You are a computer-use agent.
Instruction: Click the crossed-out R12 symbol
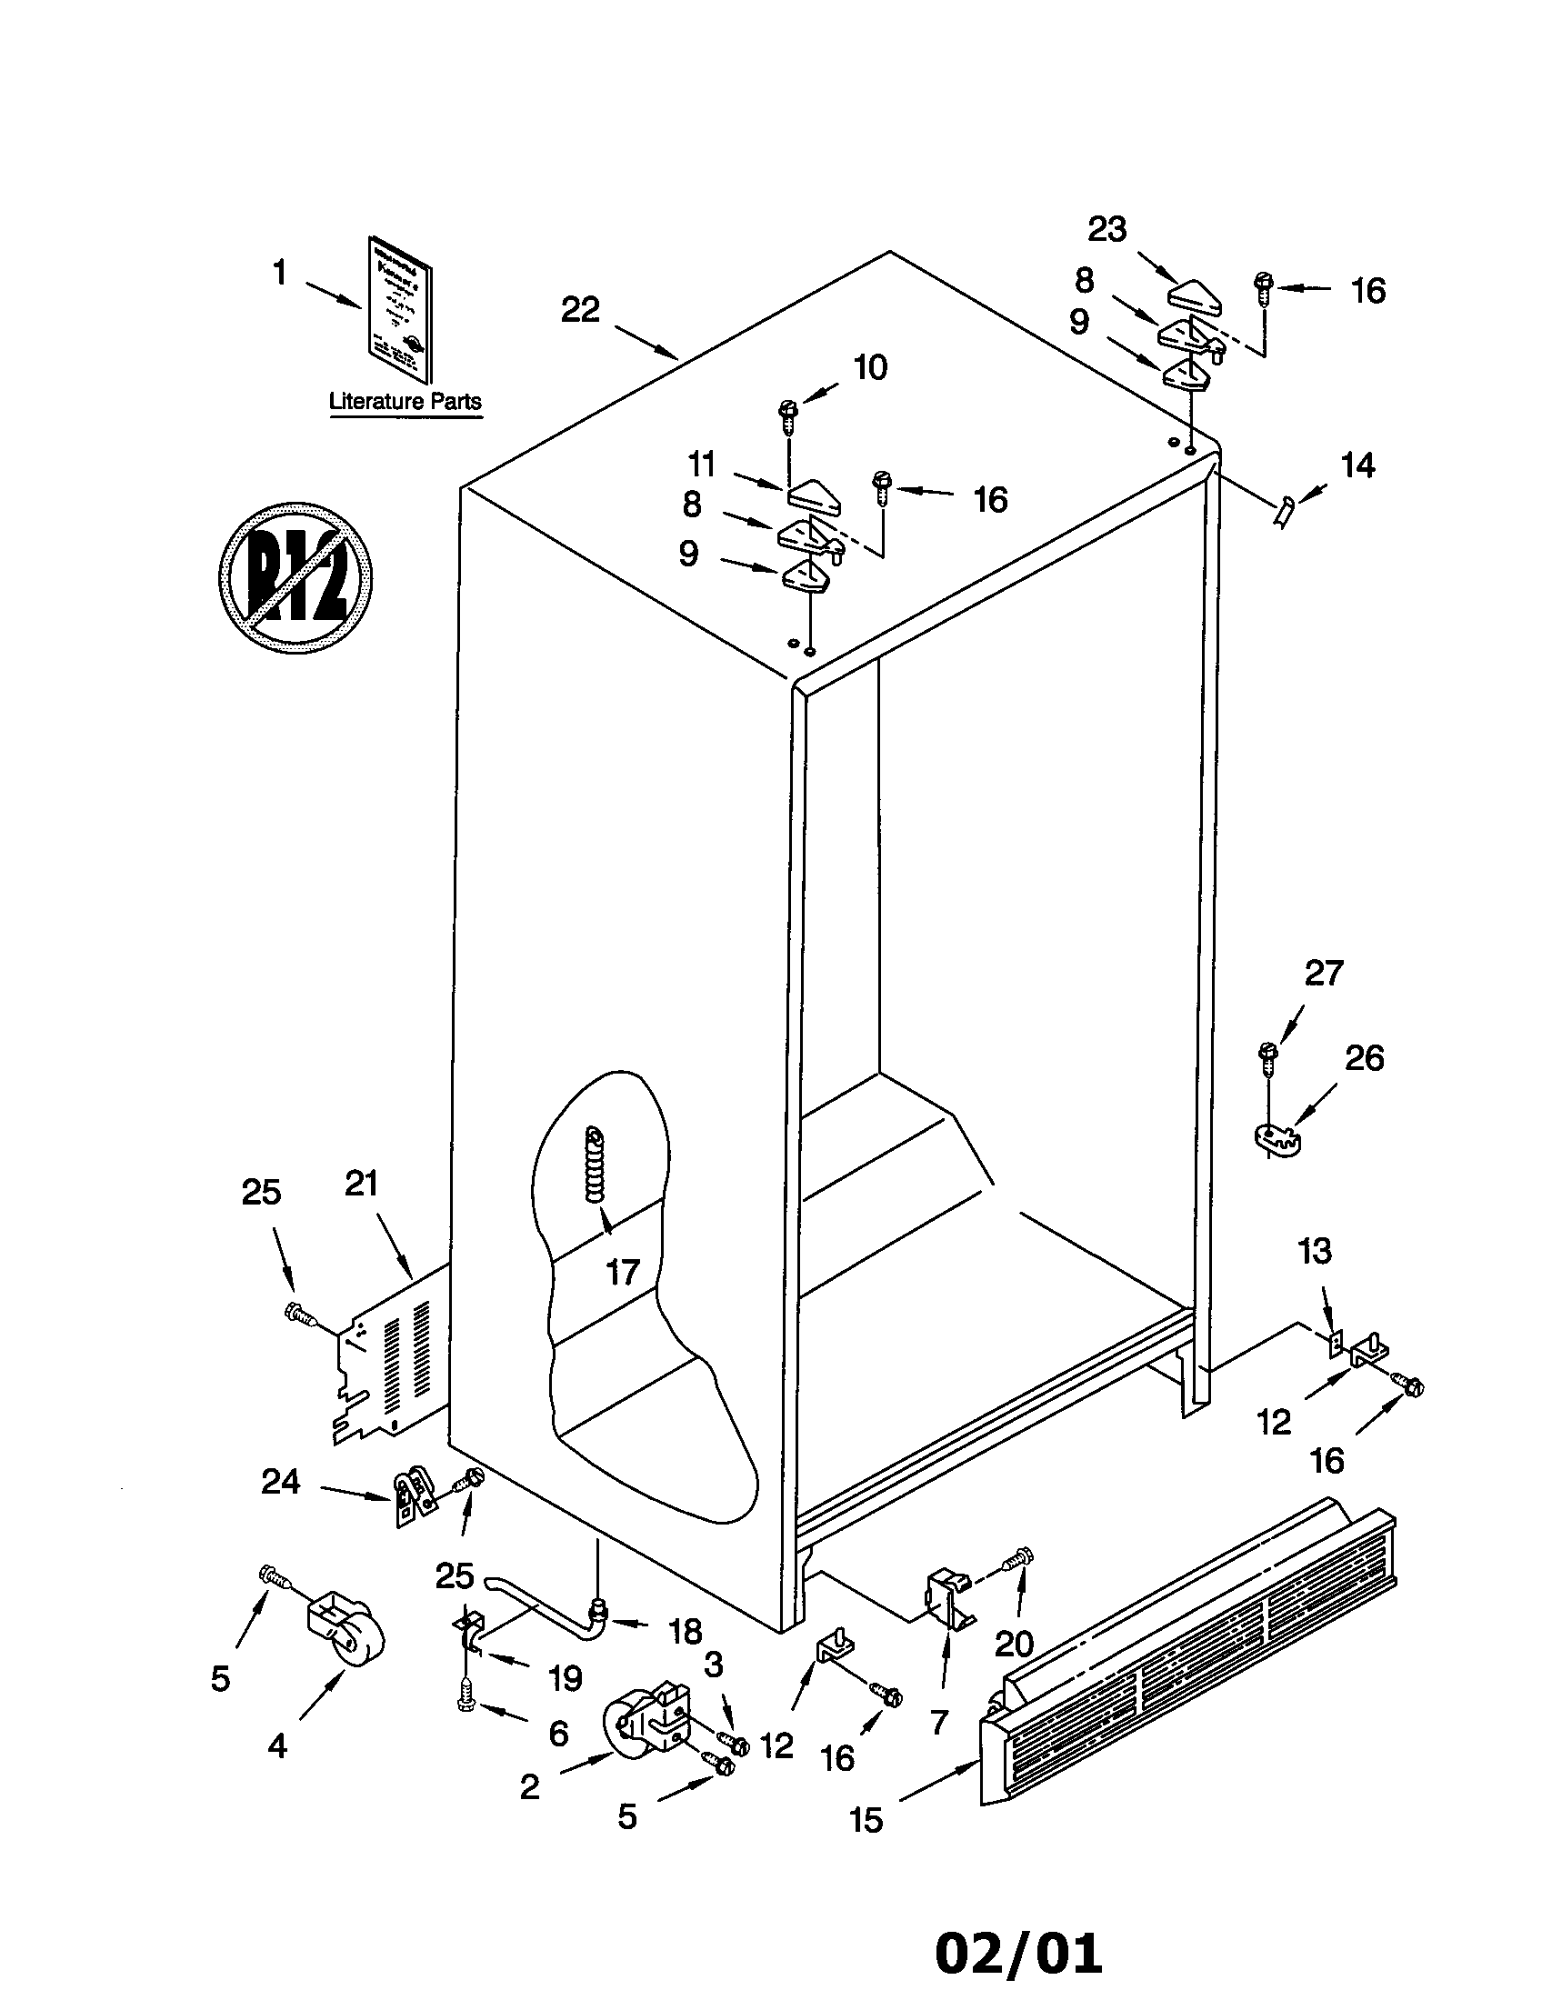[x=295, y=578]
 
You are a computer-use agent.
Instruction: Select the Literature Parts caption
[x=405, y=401]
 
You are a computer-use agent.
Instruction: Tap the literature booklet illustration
[x=400, y=309]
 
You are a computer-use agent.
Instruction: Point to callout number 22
[x=580, y=310]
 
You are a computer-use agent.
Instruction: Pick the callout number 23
[x=1106, y=230]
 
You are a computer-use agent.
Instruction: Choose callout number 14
[x=1357, y=466]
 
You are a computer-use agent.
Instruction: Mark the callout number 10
[x=870, y=368]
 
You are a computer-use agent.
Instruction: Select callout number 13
[x=1315, y=1251]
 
